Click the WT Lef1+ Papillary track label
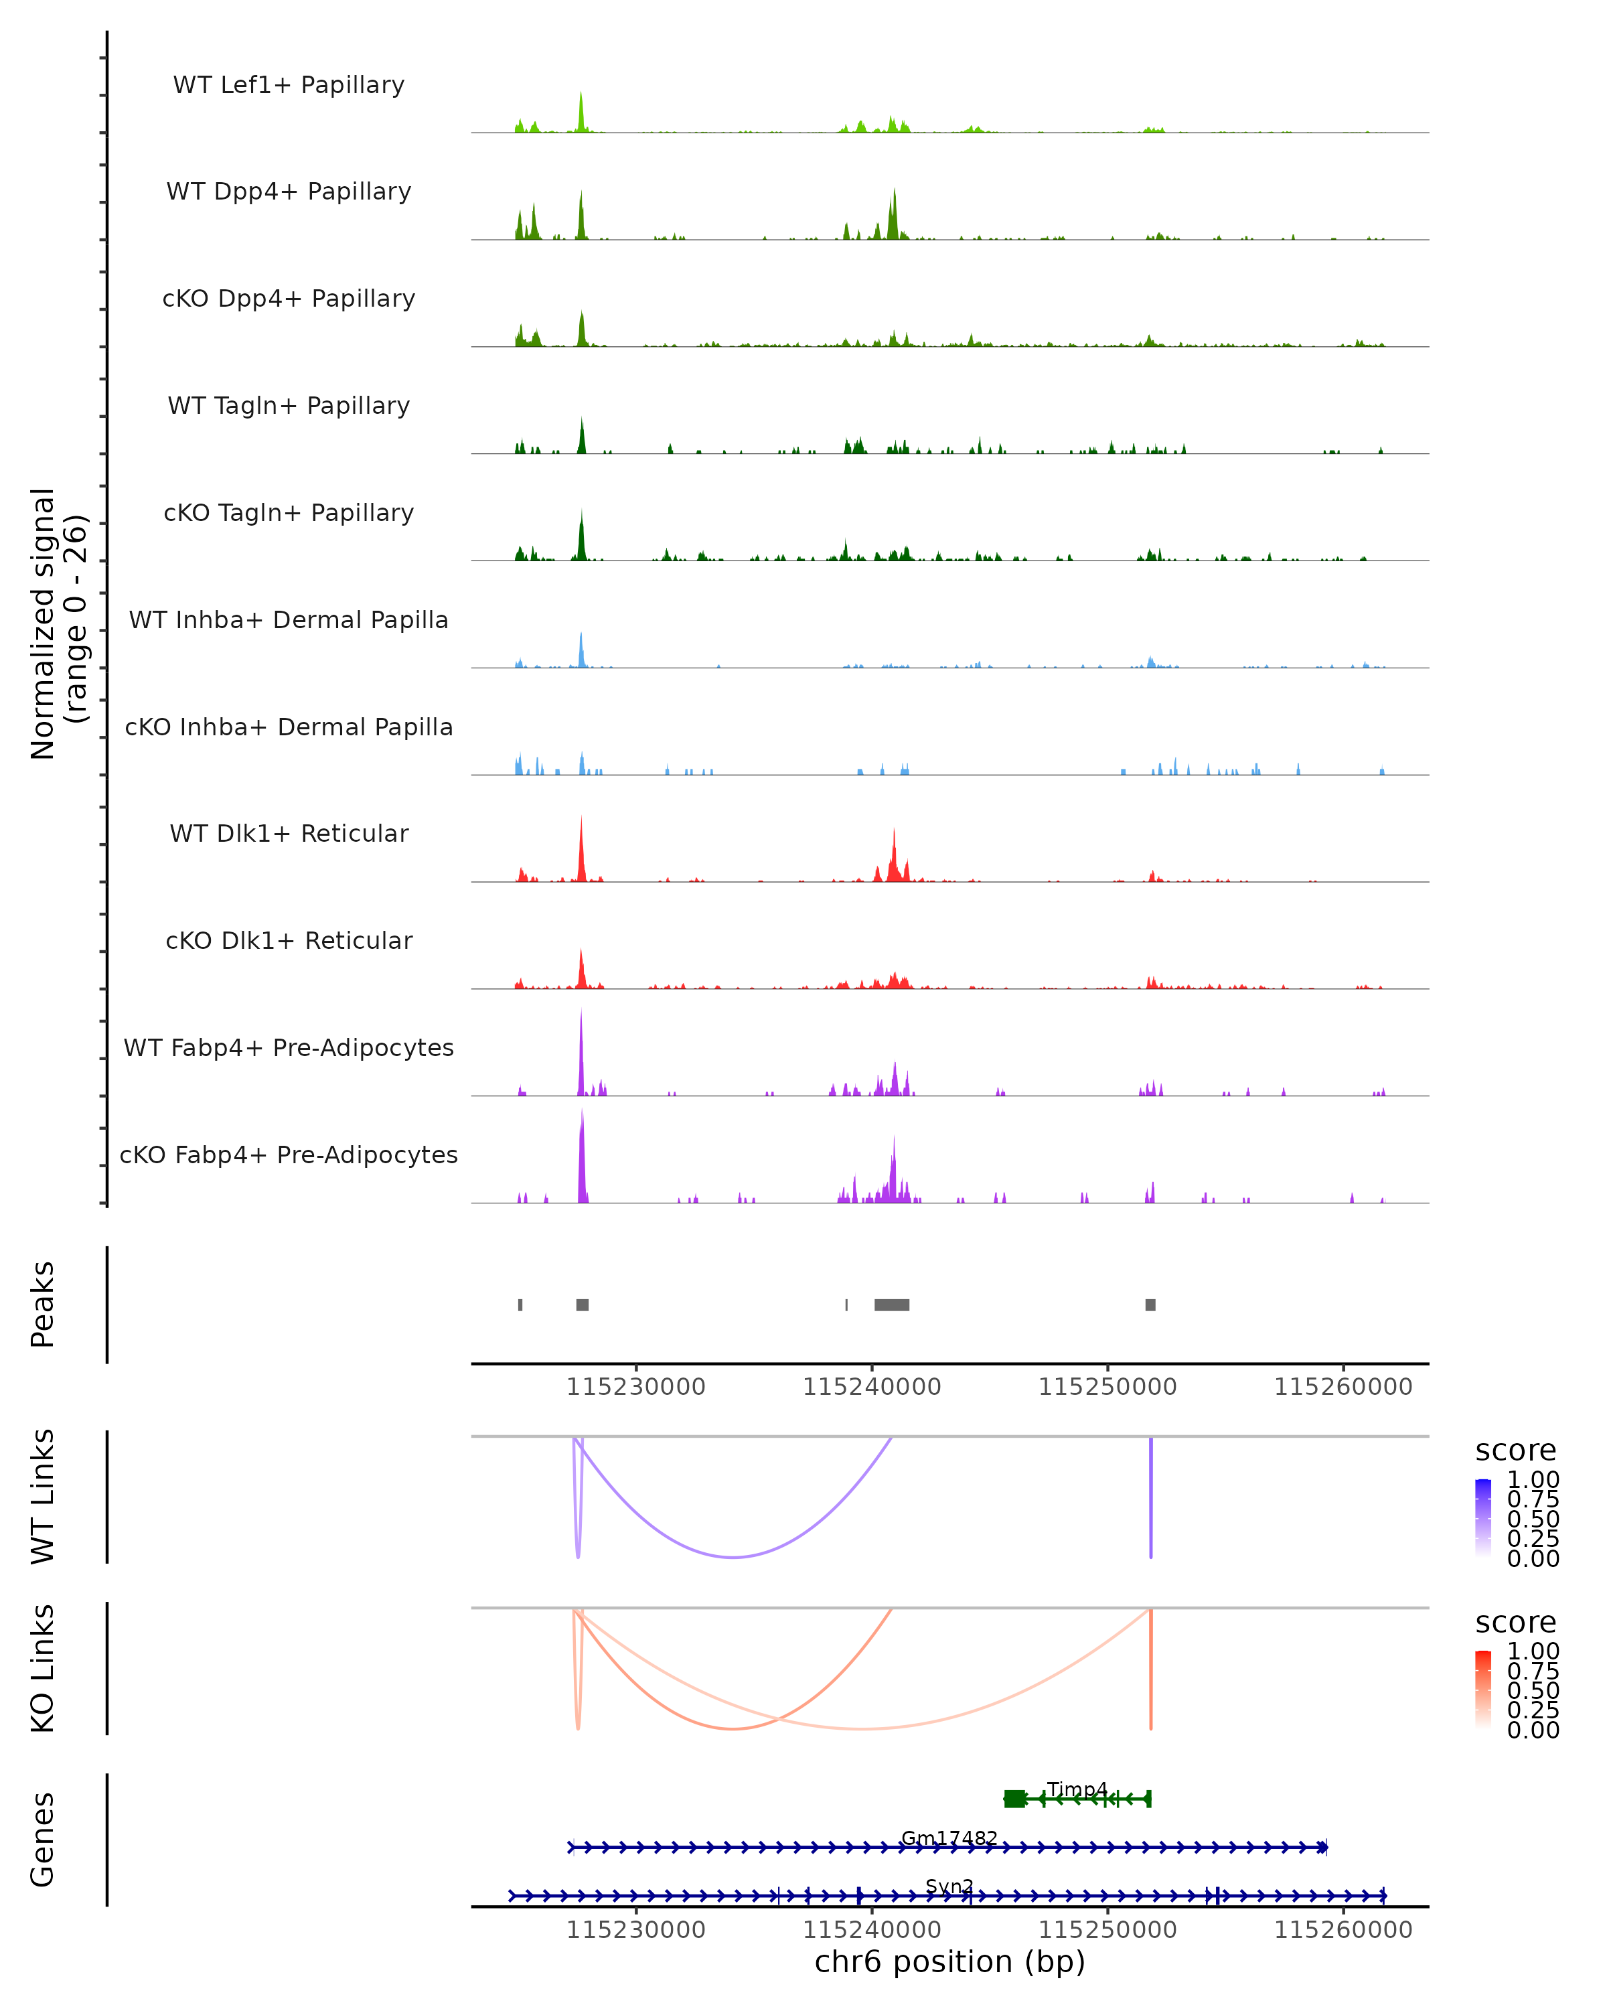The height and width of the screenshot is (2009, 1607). pyautogui.click(x=289, y=85)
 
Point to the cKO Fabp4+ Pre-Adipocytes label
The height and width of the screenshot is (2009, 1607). pyautogui.click(x=289, y=1155)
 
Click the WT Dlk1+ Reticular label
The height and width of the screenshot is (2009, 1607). pyautogui.click(x=289, y=834)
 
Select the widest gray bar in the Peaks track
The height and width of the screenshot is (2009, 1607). pyautogui.click(x=891, y=1305)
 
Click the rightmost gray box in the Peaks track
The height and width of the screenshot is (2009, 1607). pyautogui.click(x=1150, y=1305)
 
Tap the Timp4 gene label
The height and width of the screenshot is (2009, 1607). pyautogui.click(x=1077, y=1789)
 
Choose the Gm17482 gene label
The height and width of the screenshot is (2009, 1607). pyautogui.click(x=949, y=1838)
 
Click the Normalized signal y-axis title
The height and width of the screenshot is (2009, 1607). pyautogui.click(x=58, y=623)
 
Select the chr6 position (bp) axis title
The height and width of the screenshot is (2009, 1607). pyautogui.click(x=949, y=1961)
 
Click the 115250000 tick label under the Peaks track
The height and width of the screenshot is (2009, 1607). pyautogui.click(x=1107, y=1387)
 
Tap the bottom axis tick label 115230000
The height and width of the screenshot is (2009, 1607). pyautogui.click(x=636, y=1930)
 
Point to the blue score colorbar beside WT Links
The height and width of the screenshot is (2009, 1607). pyautogui.click(x=1483, y=1518)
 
